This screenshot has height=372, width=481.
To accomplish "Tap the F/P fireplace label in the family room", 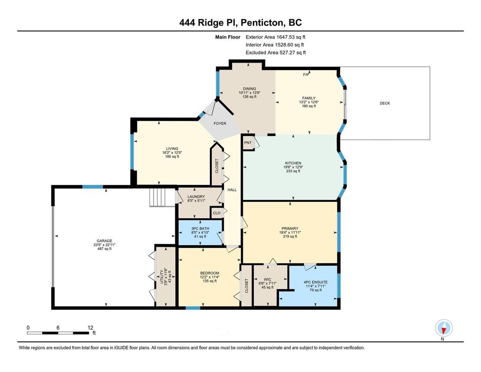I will point(305,75).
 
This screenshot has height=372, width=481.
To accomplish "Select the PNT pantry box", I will point(248,143).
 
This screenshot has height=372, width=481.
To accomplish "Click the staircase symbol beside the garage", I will point(159,197).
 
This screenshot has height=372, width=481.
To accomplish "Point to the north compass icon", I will point(443,328).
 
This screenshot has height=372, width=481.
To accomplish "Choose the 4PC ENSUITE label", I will point(315,282).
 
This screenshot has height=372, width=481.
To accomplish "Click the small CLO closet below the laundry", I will point(217,213).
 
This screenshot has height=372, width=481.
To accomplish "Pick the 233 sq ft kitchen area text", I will point(292,172).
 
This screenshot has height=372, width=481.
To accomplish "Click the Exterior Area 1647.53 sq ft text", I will point(278,37).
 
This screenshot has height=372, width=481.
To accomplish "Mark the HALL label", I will point(232,190).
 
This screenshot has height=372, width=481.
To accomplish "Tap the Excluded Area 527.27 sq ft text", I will point(276,53).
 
